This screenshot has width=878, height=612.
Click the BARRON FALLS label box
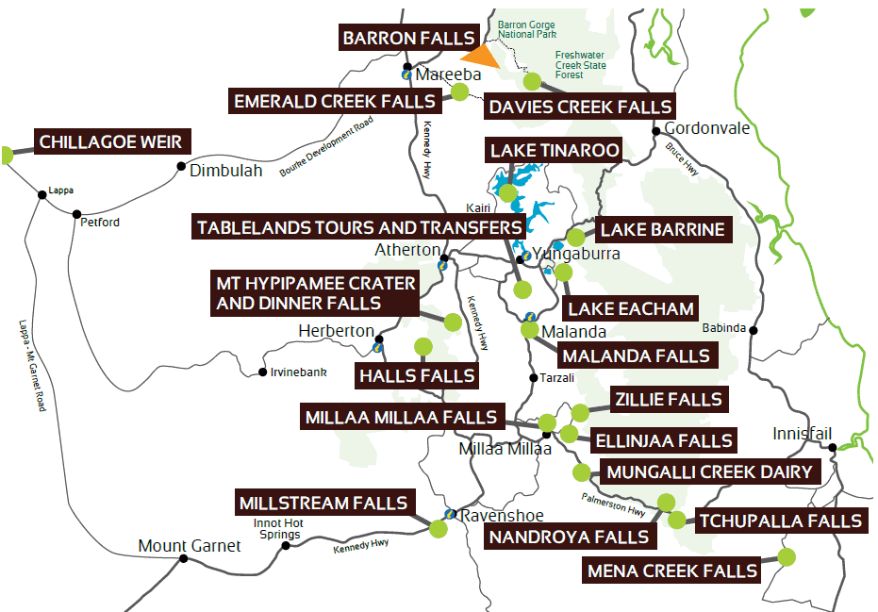pos(408,39)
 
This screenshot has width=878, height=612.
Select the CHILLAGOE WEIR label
pos(113,142)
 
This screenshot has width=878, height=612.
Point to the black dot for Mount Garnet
pos(183,559)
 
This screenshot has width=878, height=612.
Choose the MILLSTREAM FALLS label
pos(323,504)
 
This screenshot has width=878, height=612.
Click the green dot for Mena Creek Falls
pos(785,557)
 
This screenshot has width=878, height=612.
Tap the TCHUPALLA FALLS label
pos(779,521)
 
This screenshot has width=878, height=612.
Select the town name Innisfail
pos(802,434)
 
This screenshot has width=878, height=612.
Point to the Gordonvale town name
pos(707,128)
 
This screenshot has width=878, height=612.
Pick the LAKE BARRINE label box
pos(662,229)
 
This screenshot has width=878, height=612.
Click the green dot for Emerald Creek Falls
pos(460,91)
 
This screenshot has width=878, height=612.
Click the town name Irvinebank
pos(298,372)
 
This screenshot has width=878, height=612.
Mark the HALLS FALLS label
pos(416,376)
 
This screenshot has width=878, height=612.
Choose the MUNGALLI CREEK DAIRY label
pos(708,471)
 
